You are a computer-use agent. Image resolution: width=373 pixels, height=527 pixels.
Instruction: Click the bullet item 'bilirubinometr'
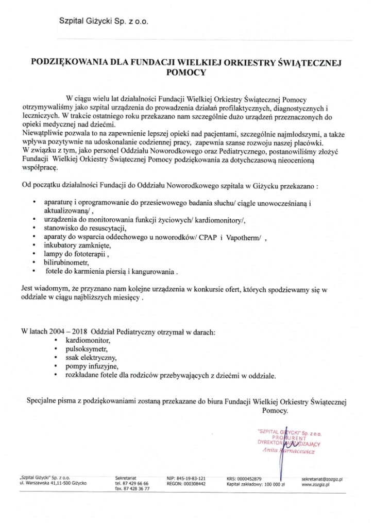(65, 262)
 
